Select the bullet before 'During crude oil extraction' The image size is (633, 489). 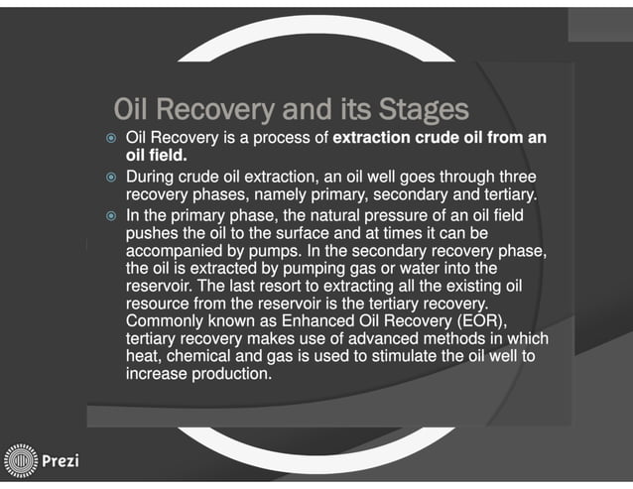tap(112, 176)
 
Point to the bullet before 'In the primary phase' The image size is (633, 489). tap(112, 215)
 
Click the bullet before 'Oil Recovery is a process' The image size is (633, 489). tap(112, 136)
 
